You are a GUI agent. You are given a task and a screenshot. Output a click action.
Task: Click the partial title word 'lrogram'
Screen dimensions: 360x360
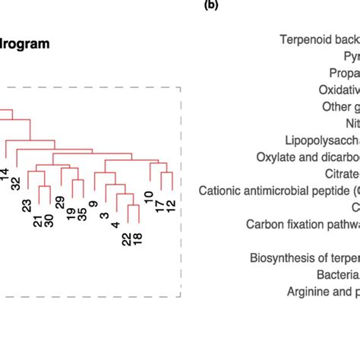pos(25,44)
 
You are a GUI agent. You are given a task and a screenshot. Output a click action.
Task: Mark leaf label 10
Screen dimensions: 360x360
pos(149,200)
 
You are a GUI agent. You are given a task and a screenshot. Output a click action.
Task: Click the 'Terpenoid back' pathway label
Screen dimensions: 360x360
pos(319,39)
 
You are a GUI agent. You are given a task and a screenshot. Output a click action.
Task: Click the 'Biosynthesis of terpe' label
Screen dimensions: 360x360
pos(305,257)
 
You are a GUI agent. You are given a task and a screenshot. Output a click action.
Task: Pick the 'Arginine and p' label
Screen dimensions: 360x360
pos(323,291)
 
